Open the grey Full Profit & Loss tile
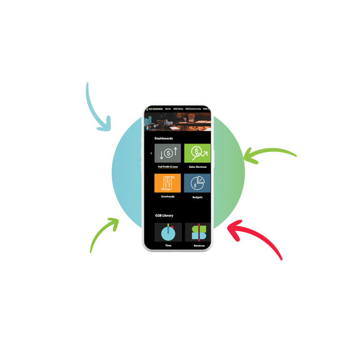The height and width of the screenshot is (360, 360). (167, 153)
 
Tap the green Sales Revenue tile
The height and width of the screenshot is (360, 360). (197, 153)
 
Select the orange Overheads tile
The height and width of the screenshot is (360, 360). (167, 183)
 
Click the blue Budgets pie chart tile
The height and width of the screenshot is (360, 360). (197, 183)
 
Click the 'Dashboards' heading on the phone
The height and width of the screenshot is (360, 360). (163, 139)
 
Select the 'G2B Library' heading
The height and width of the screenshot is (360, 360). (164, 216)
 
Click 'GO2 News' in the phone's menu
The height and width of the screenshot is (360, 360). (178, 109)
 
